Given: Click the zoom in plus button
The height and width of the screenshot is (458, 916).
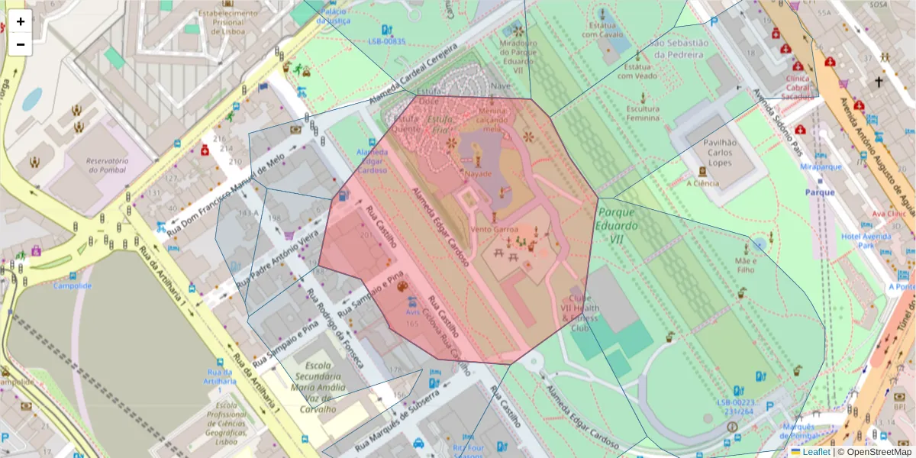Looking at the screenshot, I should click(x=21, y=21).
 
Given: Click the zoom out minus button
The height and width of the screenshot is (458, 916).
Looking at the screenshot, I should click(x=21, y=44).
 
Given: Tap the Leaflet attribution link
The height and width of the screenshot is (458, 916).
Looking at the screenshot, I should click(x=816, y=452).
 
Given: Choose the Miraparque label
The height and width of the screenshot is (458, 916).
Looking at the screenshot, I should click(x=821, y=166).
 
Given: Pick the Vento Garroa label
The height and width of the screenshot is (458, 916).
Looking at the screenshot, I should click(x=495, y=229).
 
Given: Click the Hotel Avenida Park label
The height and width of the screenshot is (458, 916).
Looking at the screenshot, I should click(x=866, y=241).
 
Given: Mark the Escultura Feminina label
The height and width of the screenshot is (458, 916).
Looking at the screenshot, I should click(x=642, y=114).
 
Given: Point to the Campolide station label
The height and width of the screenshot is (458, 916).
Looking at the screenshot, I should click(x=72, y=285).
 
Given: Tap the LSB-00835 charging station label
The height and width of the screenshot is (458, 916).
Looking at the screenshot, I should click(x=387, y=41).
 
